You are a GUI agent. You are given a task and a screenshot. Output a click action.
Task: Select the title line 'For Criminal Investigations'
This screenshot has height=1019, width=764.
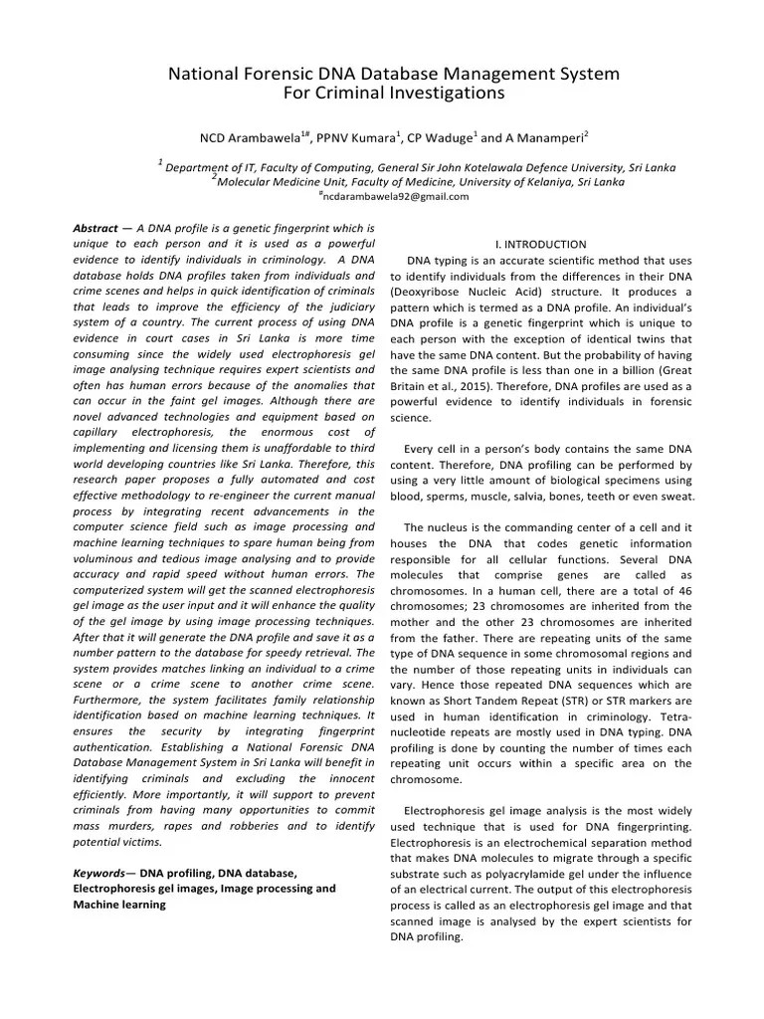click(381, 94)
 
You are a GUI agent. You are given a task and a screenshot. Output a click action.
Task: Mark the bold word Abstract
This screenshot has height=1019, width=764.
click(95, 228)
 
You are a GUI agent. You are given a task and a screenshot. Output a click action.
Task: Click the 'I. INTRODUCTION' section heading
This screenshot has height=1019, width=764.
click(540, 244)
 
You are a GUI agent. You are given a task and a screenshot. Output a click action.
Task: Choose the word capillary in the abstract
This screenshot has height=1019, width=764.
click(100, 433)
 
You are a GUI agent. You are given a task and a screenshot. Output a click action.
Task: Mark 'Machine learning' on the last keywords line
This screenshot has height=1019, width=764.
click(120, 905)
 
